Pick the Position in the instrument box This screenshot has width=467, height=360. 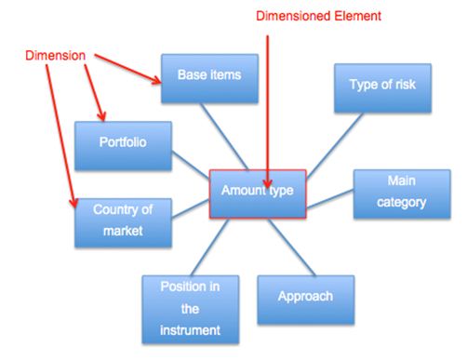189,307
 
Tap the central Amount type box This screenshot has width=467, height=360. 258,192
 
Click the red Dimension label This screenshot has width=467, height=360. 50,56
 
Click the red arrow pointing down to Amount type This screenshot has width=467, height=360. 268,102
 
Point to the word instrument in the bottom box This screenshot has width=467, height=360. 189,328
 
